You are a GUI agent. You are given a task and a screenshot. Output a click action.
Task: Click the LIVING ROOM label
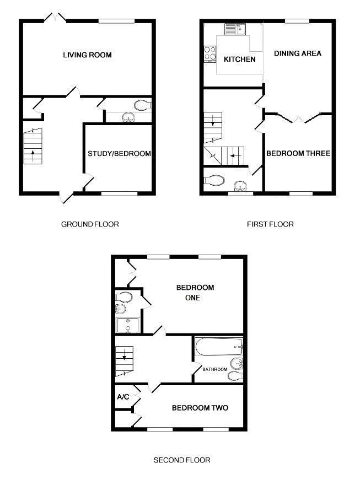87,55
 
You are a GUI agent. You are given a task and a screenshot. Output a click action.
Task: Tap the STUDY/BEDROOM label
119,154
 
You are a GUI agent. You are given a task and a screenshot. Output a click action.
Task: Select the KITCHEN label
240,59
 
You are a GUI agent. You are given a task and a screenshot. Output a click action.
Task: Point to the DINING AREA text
298,53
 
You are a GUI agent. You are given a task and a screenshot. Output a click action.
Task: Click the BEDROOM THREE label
298,154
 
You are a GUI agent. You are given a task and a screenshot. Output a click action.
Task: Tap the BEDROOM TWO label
200,408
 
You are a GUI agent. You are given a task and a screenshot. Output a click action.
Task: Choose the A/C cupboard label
122,397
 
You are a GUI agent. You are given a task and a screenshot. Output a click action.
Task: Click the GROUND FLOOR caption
90,224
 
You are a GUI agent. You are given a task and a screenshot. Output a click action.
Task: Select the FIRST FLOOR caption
270,224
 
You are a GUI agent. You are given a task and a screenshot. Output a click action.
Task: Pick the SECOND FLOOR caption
182,460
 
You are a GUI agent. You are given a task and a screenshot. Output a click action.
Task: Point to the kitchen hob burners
210,53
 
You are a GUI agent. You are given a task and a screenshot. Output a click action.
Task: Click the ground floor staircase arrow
33,154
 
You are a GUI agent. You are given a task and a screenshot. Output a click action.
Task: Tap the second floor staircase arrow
125,355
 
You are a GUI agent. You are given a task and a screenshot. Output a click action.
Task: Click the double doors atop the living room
55,18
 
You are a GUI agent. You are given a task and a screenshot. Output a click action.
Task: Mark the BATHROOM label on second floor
214,369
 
